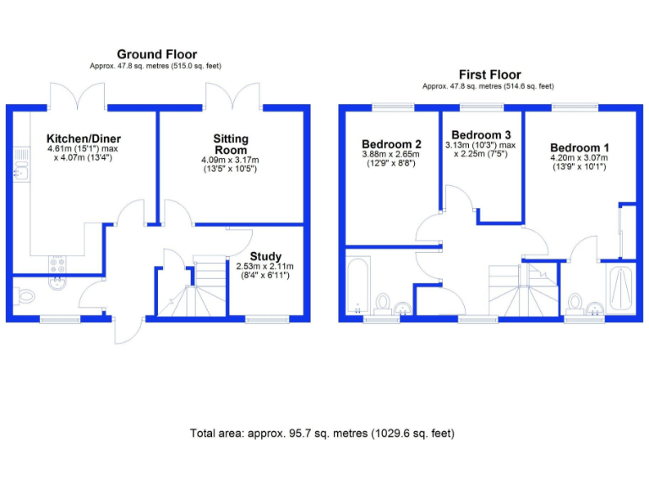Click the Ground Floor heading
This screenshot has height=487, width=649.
point(156,54)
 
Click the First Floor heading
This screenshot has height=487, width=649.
point(489,74)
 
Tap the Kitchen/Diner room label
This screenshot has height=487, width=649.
point(84,139)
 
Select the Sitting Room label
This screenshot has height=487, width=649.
point(230,145)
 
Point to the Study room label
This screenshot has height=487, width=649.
point(265,256)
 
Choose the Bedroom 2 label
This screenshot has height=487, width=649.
point(391,144)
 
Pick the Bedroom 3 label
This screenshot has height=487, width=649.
point(481,135)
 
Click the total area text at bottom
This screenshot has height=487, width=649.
point(322,433)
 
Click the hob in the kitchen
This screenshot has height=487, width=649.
point(57,264)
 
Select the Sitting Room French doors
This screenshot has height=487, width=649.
point(232,96)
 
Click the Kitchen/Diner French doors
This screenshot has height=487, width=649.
point(78,96)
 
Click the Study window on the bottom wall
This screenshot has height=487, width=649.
point(266,319)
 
